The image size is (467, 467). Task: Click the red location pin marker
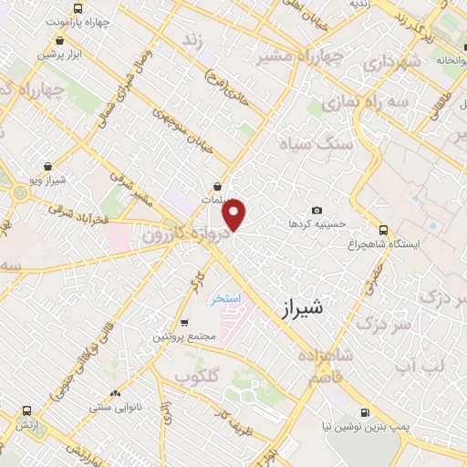[235, 215]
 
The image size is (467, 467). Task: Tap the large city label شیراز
[297, 311]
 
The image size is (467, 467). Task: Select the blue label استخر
[223, 299]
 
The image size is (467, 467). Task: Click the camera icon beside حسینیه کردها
[317, 211]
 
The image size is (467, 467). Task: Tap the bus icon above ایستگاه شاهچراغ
[383, 230]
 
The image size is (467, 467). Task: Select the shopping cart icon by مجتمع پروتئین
[185, 323]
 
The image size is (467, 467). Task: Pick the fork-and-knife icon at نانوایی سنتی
[115, 393]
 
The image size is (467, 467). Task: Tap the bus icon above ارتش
[26, 412]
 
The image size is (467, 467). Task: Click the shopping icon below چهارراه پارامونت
[59, 40]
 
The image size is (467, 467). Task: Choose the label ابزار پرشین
[60, 54]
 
